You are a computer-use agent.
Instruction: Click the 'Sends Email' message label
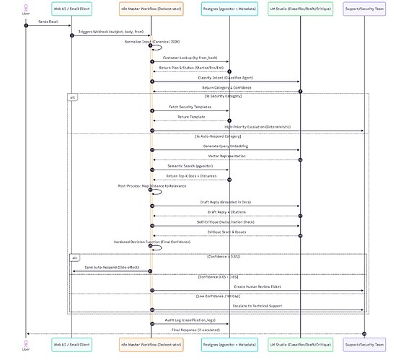48,22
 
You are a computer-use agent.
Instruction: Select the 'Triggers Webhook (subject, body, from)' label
111,32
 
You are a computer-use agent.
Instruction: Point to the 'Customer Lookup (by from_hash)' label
190,58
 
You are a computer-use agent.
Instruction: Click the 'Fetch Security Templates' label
190,106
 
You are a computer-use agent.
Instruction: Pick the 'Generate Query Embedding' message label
226,146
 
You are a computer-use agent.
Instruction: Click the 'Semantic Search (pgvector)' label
190,166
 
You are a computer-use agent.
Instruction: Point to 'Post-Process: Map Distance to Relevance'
148,185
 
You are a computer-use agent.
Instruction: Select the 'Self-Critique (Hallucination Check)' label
226,223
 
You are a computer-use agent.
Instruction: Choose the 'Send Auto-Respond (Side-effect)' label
111,267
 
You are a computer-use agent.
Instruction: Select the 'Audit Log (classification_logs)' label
190,320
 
